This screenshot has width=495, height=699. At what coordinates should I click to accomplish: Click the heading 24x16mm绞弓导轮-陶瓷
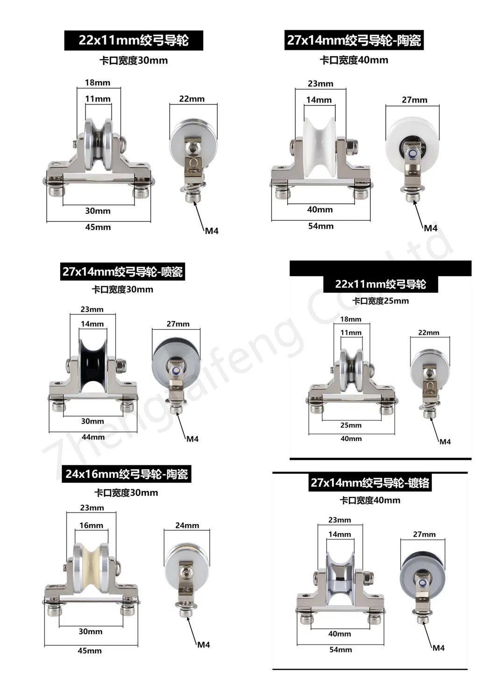pyautogui.click(x=126, y=474)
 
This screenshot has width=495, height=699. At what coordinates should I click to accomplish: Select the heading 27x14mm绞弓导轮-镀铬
pyautogui.click(x=370, y=482)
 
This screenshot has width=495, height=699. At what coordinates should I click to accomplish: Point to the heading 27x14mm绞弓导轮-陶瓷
pyautogui.click(x=354, y=40)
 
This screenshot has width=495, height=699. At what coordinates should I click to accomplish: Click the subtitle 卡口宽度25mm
pyautogui.click(x=380, y=301)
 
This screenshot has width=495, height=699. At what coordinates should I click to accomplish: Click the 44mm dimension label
pyautogui.click(x=93, y=437)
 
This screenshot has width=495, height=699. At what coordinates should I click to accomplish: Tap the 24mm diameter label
pyautogui.click(x=187, y=525)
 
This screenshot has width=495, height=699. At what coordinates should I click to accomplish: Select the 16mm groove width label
pyautogui.click(x=91, y=525)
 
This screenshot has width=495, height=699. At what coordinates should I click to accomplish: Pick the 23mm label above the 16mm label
pyautogui.click(x=92, y=508)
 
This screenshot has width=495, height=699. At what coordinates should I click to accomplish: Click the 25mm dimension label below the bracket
pyautogui.click(x=351, y=425)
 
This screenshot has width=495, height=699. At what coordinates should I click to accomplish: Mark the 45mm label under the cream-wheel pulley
pyautogui.click(x=89, y=651)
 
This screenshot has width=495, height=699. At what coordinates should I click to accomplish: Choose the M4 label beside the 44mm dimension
pyautogui.click(x=192, y=438)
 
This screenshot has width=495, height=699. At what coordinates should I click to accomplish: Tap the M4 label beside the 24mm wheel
pyautogui.click(x=204, y=644)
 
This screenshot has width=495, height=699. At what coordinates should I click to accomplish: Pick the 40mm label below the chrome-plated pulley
pyautogui.click(x=339, y=634)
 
